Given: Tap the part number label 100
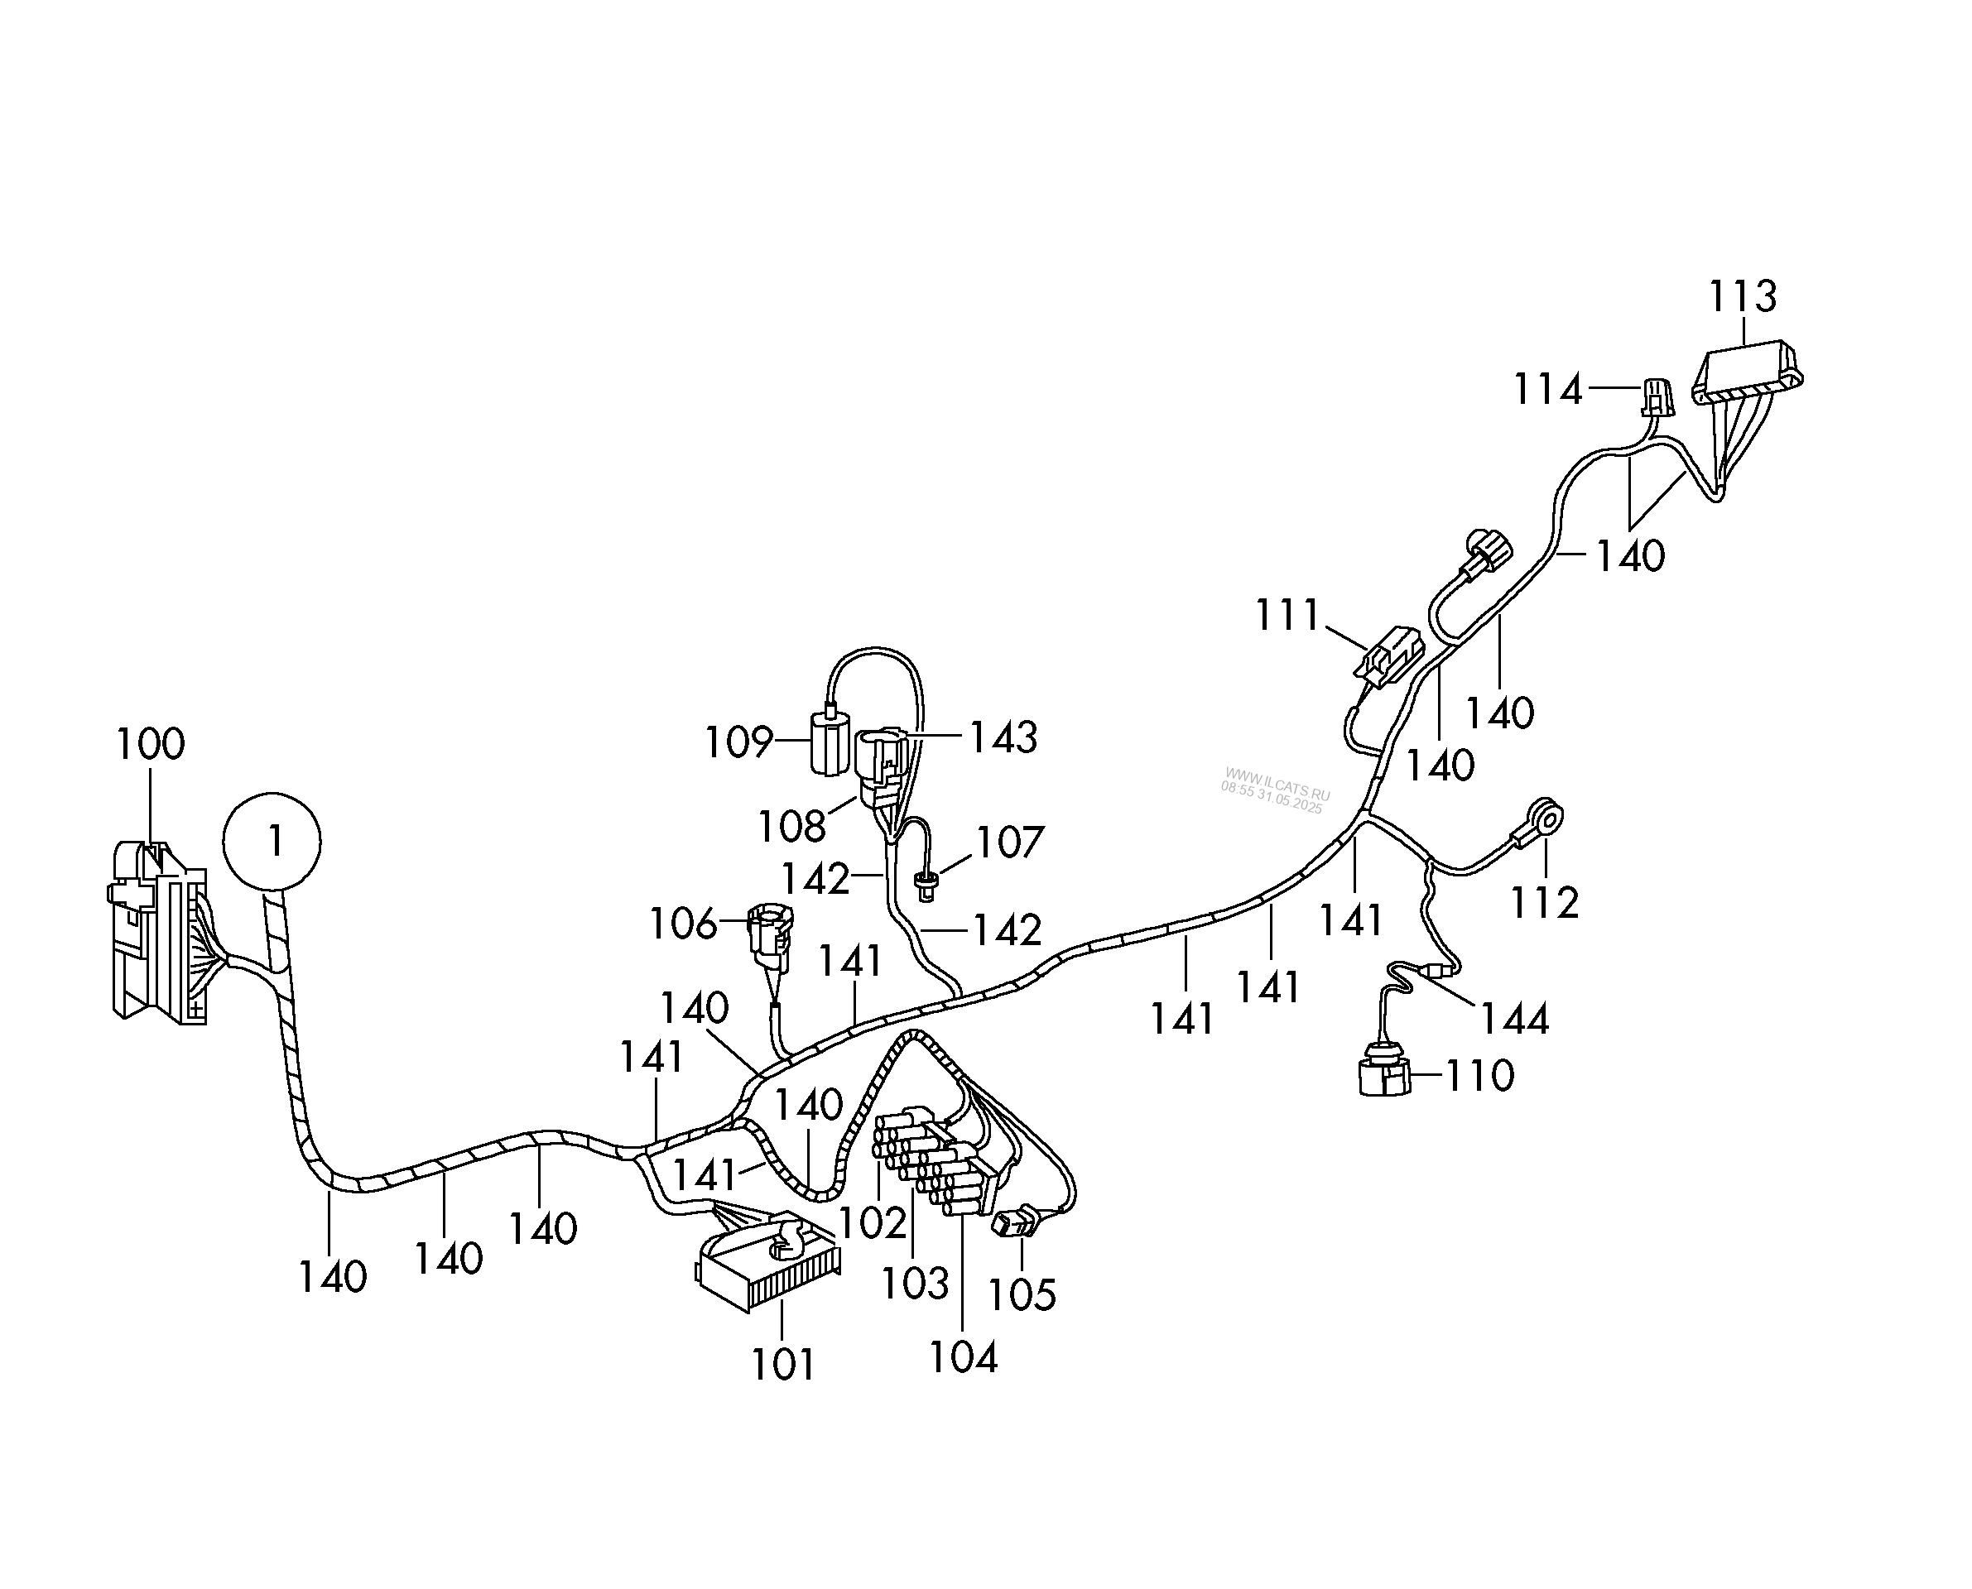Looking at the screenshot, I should [x=150, y=744].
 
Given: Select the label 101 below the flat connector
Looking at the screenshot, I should [x=783, y=1366].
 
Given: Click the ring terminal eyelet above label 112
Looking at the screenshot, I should [x=1547, y=817].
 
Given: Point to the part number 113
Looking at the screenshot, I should [x=1742, y=297].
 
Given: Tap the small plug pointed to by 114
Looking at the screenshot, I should [x=1656, y=397].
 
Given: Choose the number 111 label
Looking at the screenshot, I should [x=1287, y=615].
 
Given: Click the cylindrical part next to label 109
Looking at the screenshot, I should [x=830, y=744].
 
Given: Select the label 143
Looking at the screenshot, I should [x=1003, y=737].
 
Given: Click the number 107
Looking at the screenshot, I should [x=1010, y=843].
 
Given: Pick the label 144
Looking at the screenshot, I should [x=1514, y=1019].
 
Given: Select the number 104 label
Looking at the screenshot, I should [x=963, y=1356].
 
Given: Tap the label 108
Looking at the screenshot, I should [x=792, y=828].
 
